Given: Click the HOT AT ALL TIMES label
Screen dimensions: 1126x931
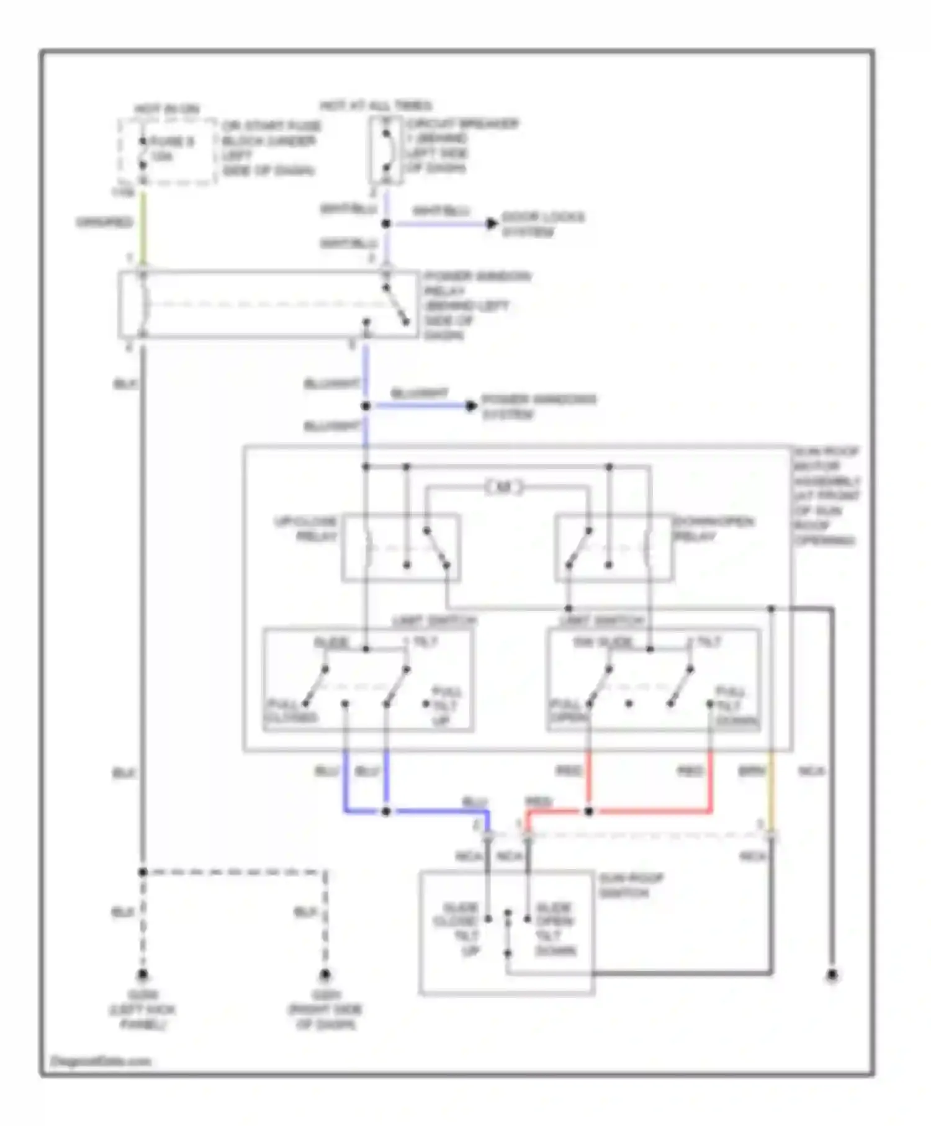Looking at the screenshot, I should pyautogui.click(x=376, y=106).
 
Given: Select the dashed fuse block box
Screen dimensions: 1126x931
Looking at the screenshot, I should pyautogui.click(x=168, y=152).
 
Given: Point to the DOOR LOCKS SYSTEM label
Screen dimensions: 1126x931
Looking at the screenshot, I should pyautogui.click(x=542, y=224).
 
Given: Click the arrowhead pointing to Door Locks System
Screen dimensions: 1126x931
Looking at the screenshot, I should pyautogui.click(x=492, y=223).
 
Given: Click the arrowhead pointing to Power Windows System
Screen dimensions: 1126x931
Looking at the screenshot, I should pyautogui.click(x=472, y=406).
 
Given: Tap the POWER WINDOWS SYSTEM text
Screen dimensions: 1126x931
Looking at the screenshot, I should pyautogui.click(x=538, y=407).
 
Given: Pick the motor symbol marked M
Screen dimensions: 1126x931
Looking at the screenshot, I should pyautogui.click(x=504, y=487).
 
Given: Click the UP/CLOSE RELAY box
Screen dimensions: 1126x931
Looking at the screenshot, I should pyautogui.click(x=401, y=547).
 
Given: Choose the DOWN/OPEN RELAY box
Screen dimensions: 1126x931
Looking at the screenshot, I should pyautogui.click(x=613, y=547).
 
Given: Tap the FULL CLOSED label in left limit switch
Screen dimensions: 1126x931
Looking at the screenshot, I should pyautogui.click(x=290, y=711).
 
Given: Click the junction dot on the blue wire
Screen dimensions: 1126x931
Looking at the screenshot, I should pyautogui.click(x=385, y=811).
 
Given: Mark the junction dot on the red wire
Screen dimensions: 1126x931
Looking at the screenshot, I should pyautogui.click(x=588, y=811).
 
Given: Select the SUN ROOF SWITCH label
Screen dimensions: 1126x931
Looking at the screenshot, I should pyautogui.click(x=631, y=886).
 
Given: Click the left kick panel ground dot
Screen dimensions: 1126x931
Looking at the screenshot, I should pyautogui.click(x=143, y=975).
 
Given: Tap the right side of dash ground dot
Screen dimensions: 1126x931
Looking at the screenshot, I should pyautogui.click(x=325, y=975).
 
